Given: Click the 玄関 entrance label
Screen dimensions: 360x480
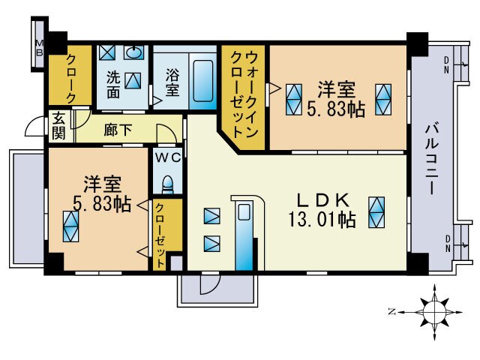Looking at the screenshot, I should coord(58,127).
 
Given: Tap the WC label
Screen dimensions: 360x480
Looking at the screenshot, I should coord(168,158).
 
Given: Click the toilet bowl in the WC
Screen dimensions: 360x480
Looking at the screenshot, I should coord(168,184).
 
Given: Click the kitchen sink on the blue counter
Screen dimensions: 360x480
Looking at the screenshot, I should coord(244,213).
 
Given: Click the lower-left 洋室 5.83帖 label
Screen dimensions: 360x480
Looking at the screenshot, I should coord(99,193).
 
